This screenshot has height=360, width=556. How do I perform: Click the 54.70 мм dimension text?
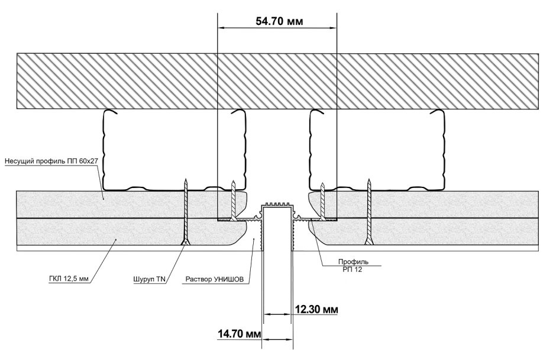point(279,21)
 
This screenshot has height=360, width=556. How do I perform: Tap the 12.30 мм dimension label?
point(316,309)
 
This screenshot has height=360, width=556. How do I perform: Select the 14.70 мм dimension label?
point(240,334)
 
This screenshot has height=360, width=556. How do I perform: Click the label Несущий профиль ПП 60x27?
point(51,161)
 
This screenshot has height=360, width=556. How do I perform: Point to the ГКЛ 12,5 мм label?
point(69,278)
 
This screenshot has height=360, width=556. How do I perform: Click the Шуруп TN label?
point(149,279)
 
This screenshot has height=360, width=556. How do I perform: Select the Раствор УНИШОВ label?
point(215,279)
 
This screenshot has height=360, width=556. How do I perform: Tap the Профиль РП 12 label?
point(353,265)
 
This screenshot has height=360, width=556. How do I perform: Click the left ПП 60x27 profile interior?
point(174,150)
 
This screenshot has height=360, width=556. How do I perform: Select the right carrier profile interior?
point(377,150)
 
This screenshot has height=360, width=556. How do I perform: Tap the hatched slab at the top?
point(277,81)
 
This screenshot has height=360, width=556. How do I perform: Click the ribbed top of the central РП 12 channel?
point(277,205)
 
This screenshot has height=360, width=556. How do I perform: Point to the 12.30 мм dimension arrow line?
point(277,314)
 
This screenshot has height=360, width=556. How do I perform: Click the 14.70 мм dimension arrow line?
point(277,339)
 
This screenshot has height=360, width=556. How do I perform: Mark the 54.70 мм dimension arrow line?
point(277,28)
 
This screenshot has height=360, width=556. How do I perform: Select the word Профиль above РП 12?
point(353,262)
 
